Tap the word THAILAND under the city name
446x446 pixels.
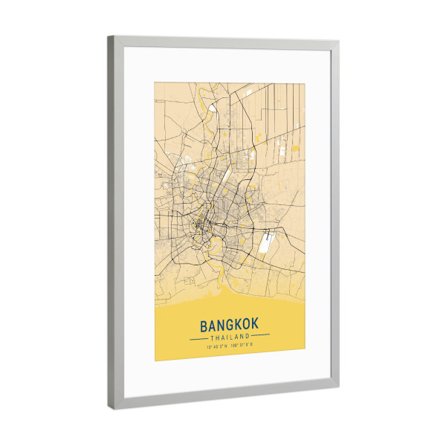[x=230, y=337]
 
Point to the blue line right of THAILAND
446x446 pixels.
[x=261, y=337]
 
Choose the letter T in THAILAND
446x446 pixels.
[x=213, y=337]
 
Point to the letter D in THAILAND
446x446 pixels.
[x=247, y=337]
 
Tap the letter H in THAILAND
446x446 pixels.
[x=218, y=337]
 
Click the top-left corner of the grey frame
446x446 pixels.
[x=109, y=36]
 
